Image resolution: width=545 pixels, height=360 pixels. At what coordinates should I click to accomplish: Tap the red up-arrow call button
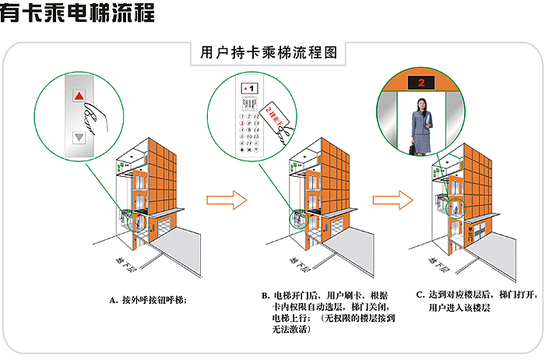click(x=78, y=97)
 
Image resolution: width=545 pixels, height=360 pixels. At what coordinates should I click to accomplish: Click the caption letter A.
click(x=113, y=298)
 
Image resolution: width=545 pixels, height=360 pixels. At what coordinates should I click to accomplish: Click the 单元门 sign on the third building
click(x=469, y=231)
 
